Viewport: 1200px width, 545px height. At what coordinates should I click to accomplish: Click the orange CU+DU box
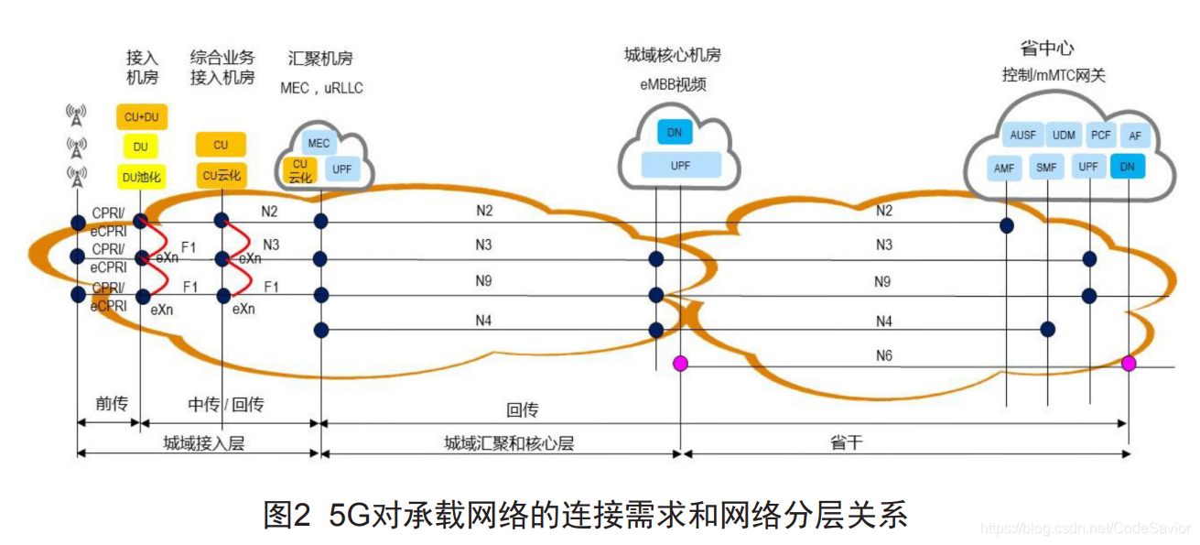tap(141, 117)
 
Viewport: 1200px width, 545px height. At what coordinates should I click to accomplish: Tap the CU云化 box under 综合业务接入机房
tap(221, 175)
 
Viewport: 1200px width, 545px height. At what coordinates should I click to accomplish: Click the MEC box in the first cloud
tap(319, 144)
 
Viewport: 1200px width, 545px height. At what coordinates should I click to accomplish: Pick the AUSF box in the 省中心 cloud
tap(1022, 136)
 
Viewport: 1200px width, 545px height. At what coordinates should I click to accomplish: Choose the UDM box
tap(1064, 136)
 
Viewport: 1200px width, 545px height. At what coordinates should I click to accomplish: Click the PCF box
tap(1100, 136)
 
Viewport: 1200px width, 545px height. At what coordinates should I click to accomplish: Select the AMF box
tap(1004, 168)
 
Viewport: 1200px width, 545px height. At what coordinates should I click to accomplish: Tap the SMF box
tap(1046, 168)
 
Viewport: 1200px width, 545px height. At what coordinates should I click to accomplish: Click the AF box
tap(1135, 136)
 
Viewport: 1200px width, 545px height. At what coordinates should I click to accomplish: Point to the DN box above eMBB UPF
tap(675, 133)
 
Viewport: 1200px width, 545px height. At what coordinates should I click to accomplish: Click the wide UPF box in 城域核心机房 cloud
tap(681, 166)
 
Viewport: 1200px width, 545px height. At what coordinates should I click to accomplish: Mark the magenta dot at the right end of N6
tap(1129, 364)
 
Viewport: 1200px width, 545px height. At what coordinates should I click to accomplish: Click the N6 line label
tap(883, 355)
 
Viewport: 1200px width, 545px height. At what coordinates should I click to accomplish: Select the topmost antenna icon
tap(76, 115)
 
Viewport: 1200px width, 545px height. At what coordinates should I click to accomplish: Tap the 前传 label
tap(112, 404)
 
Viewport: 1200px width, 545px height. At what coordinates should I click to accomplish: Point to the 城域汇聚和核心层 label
tap(509, 443)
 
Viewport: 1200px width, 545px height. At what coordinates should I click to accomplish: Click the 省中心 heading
tap(1046, 49)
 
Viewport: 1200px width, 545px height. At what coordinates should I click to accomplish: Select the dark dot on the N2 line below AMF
tap(1006, 225)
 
